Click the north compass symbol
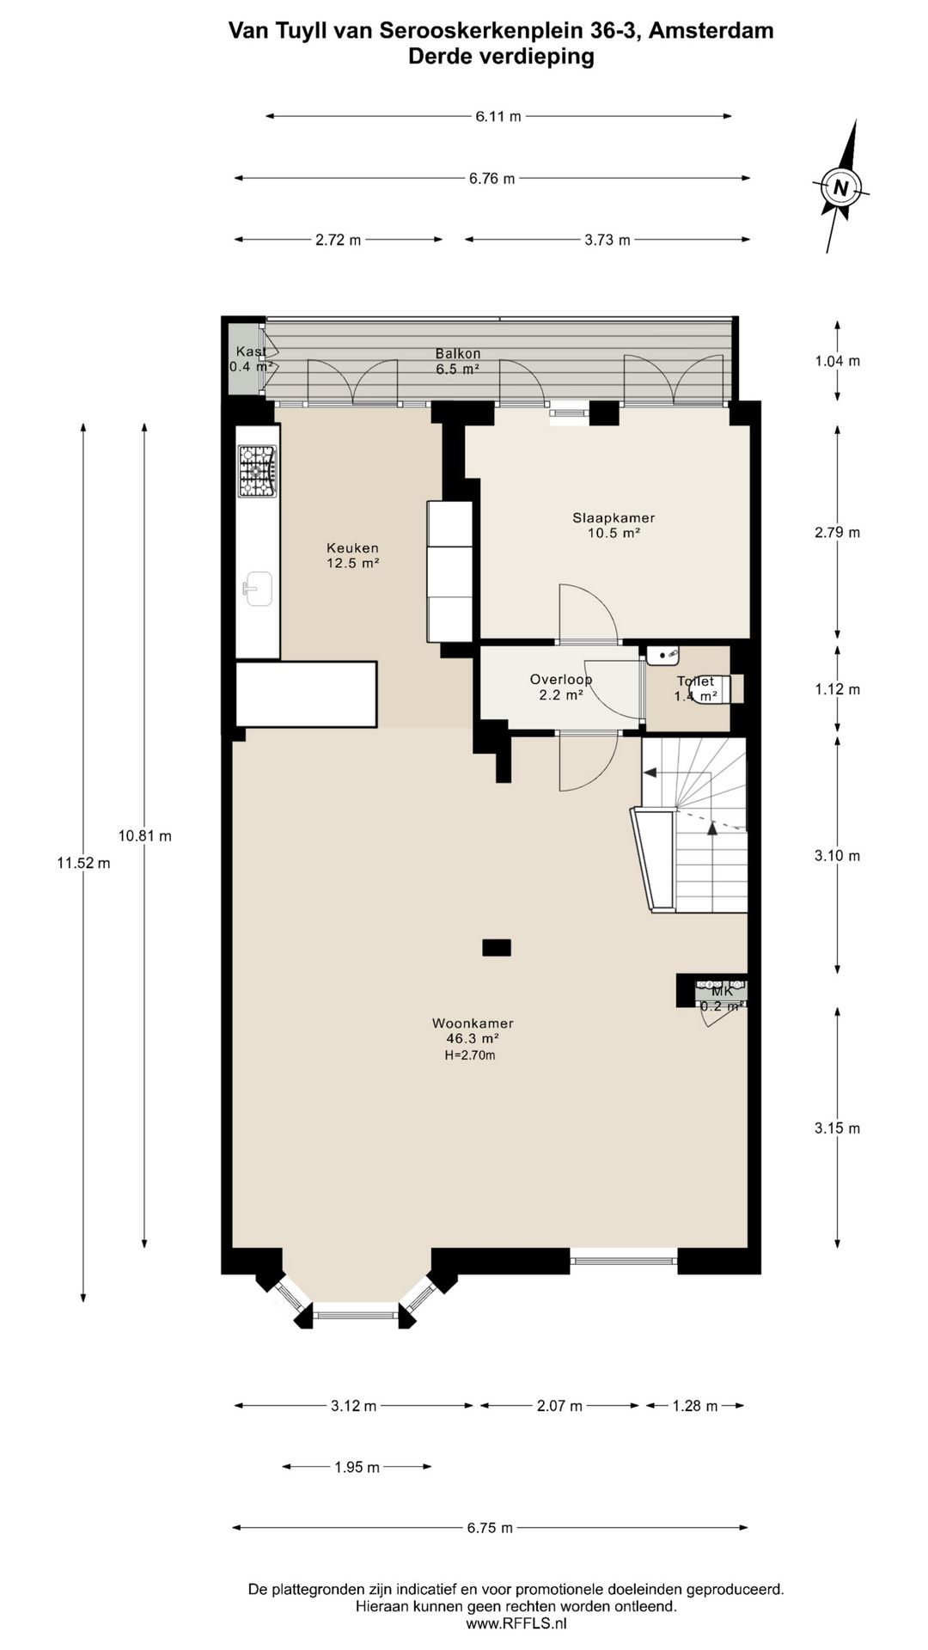pyautogui.click(x=841, y=186)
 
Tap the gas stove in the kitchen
pyautogui.click(x=257, y=471)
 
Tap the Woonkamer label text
pyautogui.click(x=473, y=1024)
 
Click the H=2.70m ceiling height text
pyautogui.click(x=470, y=1055)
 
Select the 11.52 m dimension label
pyautogui.click(x=83, y=864)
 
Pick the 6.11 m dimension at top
pyautogui.click(x=498, y=116)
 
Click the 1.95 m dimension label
pyautogui.click(x=357, y=1467)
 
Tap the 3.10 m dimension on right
pyautogui.click(x=837, y=856)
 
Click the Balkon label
pyautogui.click(x=458, y=354)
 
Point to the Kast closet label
pyautogui.click(x=251, y=351)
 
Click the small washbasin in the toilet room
pyautogui.click(x=662, y=656)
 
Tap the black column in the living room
pyautogui.click(x=497, y=948)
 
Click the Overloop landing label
pyautogui.click(x=561, y=680)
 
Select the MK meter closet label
pyautogui.click(x=722, y=991)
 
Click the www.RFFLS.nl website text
pyautogui.click(x=516, y=1623)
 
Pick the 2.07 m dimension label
pyautogui.click(x=559, y=1406)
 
